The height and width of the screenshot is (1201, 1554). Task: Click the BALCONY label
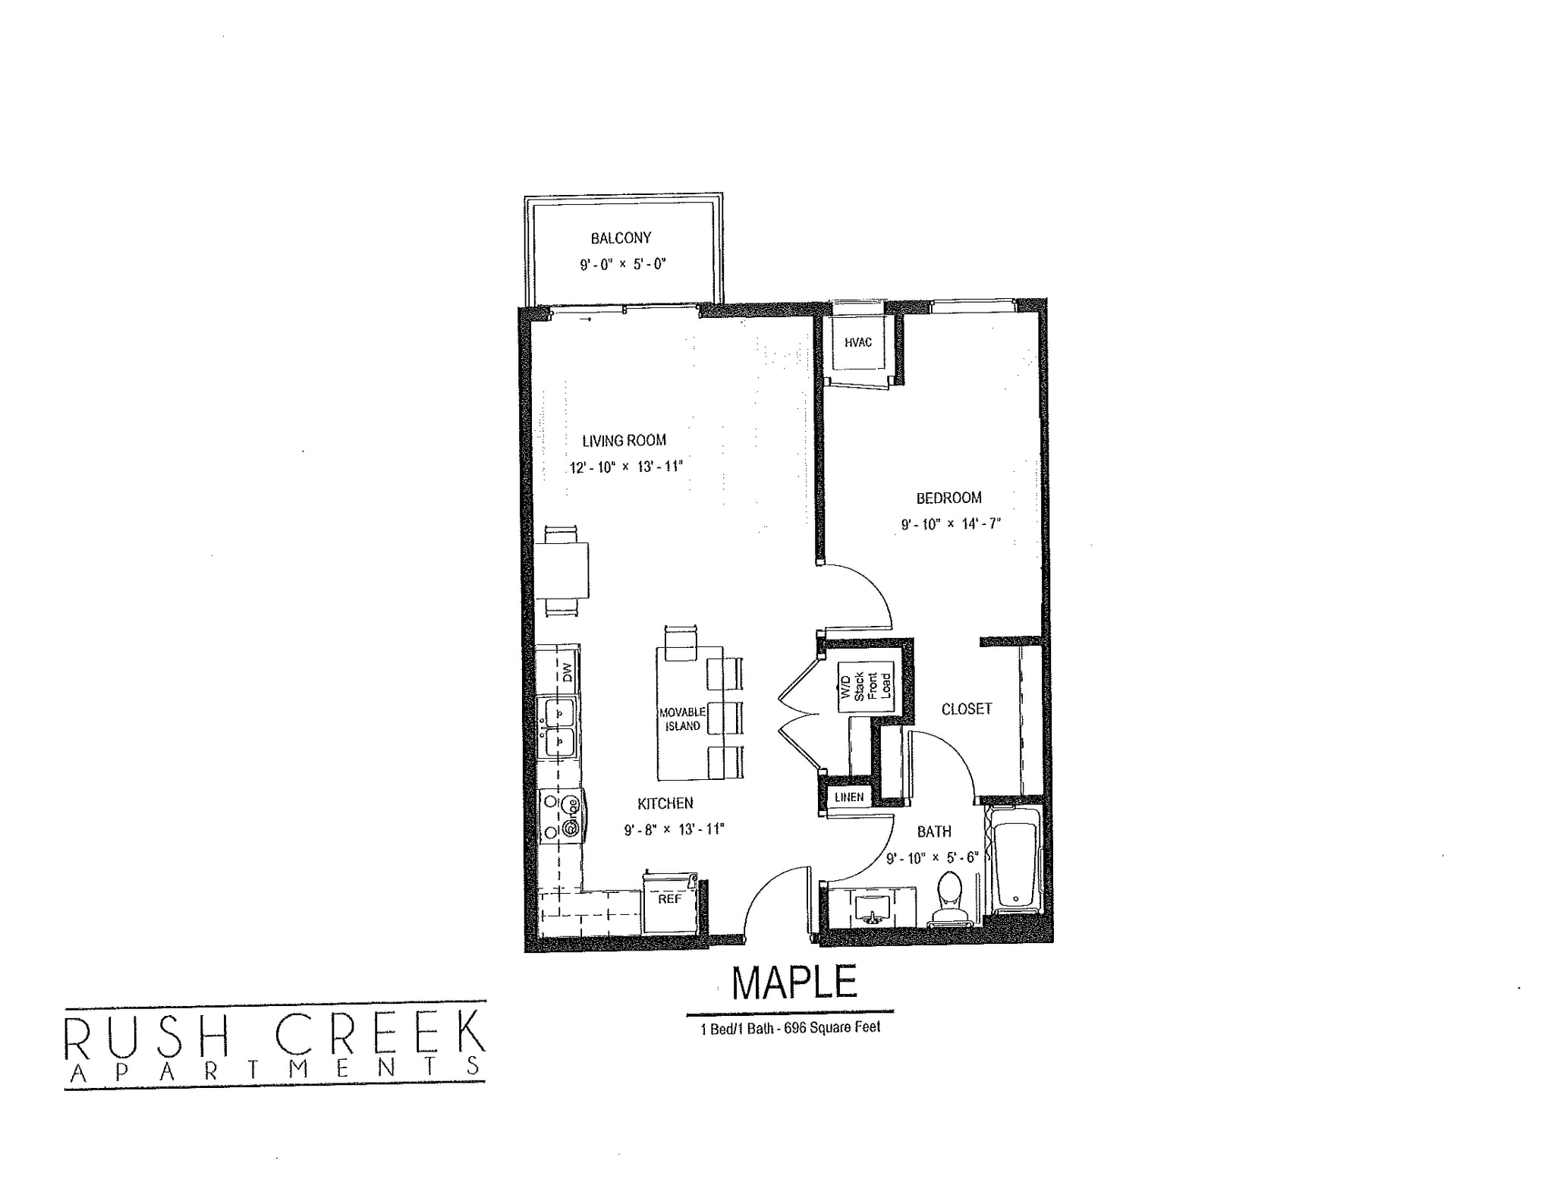[x=621, y=238]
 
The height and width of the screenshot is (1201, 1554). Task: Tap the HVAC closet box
[x=858, y=343]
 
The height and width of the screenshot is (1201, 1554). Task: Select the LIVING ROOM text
[x=624, y=441]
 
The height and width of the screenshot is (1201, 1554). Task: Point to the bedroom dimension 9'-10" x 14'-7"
[x=951, y=524]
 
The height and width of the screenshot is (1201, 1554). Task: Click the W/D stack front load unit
[x=865, y=687]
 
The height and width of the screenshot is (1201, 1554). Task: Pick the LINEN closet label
[x=848, y=797]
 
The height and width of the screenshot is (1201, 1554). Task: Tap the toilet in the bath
[x=949, y=898]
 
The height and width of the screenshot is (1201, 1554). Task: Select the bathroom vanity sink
[x=871, y=907]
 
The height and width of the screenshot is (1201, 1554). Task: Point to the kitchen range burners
[x=560, y=816]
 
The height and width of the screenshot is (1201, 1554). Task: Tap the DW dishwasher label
[x=567, y=672]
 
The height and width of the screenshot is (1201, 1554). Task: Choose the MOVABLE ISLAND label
[x=682, y=719]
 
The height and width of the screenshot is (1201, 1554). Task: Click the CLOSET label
[x=966, y=709]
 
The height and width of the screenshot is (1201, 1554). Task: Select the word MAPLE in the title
[x=794, y=982]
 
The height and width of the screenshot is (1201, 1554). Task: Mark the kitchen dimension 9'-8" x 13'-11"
[x=674, y=830]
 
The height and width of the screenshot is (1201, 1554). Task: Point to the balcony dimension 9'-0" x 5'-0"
[x=622, y=265]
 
